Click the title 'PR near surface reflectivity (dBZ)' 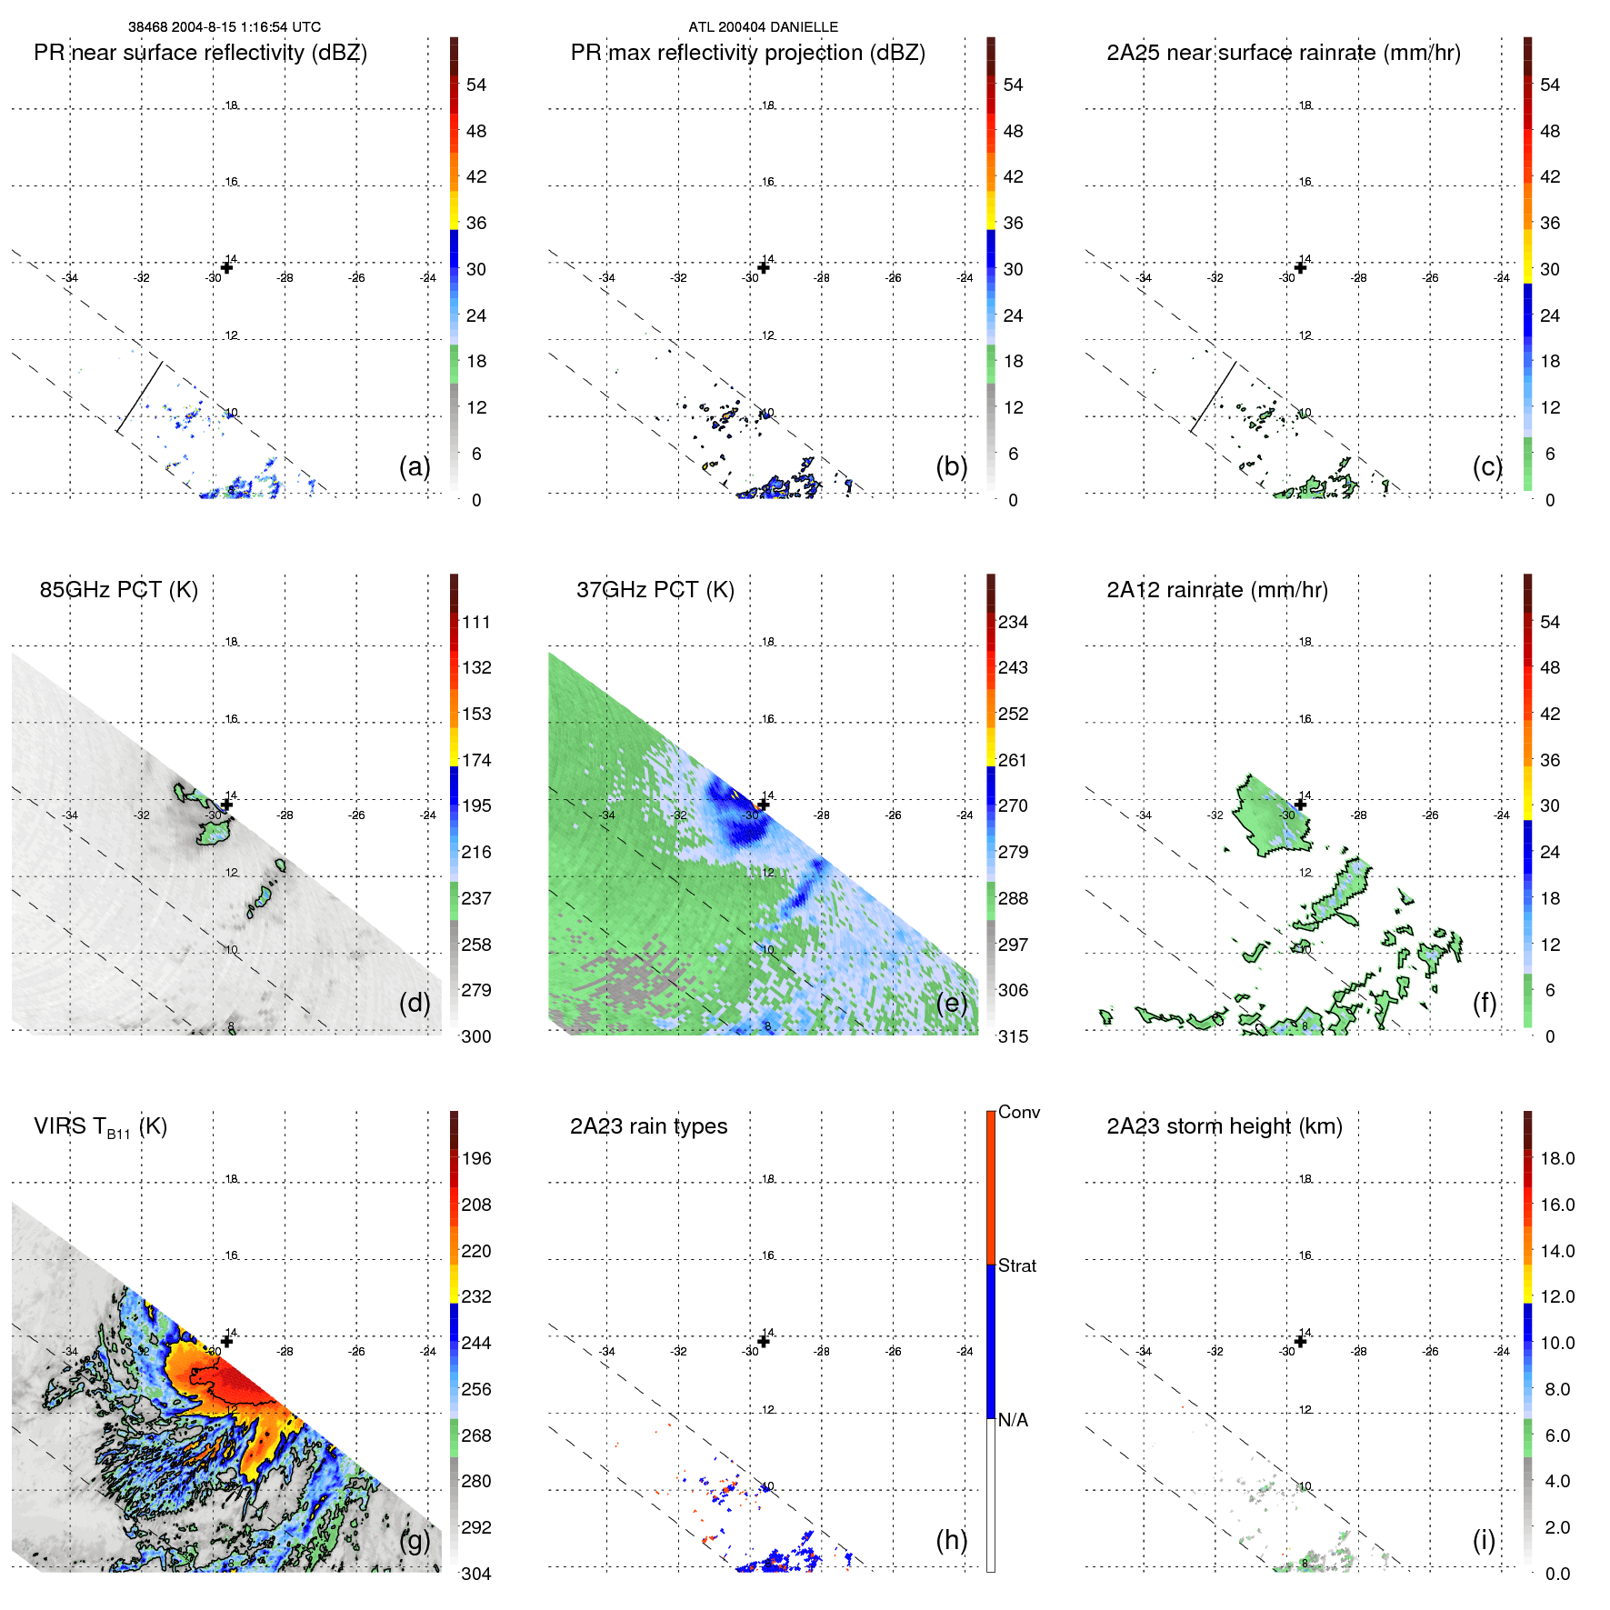pos(200,53)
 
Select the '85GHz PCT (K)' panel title pos(118,590)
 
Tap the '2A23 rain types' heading pos(648,1126)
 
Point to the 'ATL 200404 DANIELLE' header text pos(763,27)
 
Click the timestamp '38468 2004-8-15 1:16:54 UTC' pos(224,27)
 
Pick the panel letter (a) pos(415,466)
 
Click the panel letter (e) pos(951,1003)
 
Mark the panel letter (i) pos(1484,1540)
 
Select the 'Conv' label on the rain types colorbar pos(1019,1112)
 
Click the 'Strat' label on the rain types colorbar pos(1017,1265)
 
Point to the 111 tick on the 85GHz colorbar pos(476,623)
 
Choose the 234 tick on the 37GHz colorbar pos(1013,623)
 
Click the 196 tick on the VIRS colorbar pos(476,1159)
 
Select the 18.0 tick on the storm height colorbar pos(1557,1159)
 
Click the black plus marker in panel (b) pos(764,267)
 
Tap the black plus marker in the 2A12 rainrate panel pos(1301,805)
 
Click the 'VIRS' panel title pos(100,1127)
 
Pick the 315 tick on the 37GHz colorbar pos(1013,1037)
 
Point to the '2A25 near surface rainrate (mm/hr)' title pos(1283,53)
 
